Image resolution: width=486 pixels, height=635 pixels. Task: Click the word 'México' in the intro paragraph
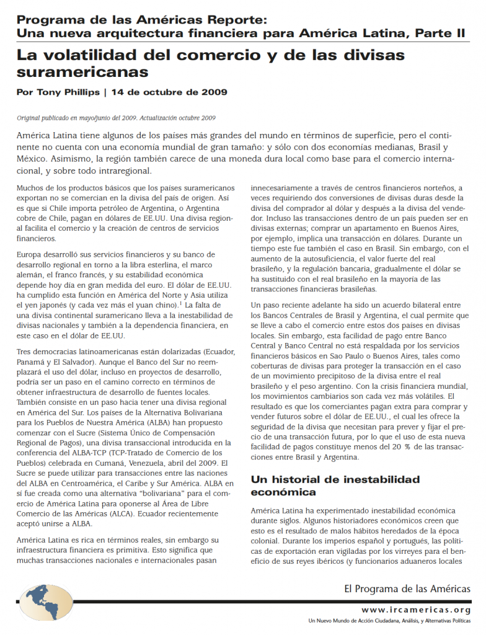pos(34,158)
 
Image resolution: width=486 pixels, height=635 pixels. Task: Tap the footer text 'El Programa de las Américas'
pos(407,588)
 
